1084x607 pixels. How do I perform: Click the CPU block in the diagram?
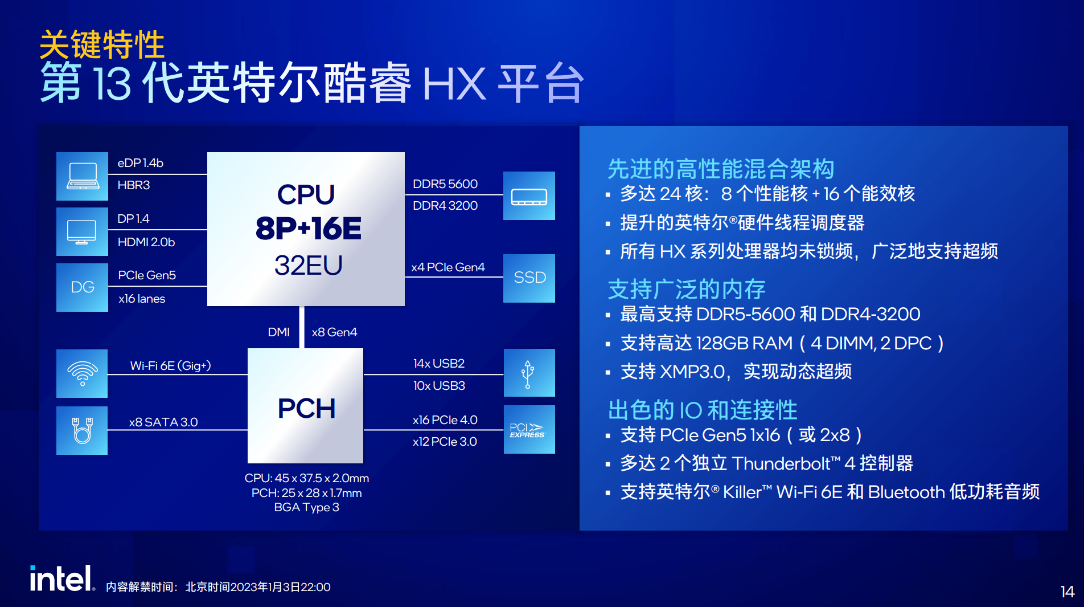(306, 229)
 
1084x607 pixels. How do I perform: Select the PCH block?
(305, 406)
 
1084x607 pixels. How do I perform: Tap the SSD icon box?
(529, 278)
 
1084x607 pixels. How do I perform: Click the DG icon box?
(82, 287)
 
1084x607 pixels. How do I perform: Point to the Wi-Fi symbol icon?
(83, 373)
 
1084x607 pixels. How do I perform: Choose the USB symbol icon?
(528, 374)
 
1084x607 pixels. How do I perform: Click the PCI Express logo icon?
(527, 430)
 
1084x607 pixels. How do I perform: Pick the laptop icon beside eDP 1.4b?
(83, 176)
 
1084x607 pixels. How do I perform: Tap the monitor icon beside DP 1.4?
(82, 232)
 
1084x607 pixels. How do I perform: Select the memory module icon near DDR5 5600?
(529, 197)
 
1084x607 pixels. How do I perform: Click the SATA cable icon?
(82, 430)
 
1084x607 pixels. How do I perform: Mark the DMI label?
(279, 332)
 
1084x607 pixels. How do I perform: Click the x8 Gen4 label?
(334, 332)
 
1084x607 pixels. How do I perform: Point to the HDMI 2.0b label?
(146, 242)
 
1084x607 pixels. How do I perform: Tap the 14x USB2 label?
(439, 364)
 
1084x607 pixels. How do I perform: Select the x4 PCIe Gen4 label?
(448, 267)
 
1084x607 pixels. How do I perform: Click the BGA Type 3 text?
(306, 507)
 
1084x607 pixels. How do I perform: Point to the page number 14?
(1067, 592)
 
